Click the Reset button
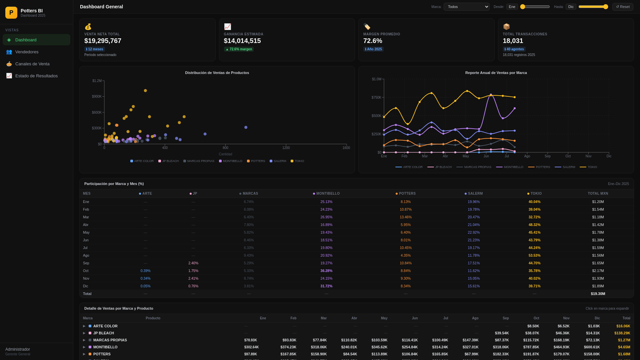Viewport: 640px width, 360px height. point(623,7)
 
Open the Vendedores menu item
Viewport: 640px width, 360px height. point(27,52)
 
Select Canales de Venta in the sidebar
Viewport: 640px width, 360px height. point(32,64)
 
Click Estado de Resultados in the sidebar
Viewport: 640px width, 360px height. point(36,76)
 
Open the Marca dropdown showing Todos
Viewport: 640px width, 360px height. point(466,7)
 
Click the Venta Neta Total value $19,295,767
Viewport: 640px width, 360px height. point(103,41)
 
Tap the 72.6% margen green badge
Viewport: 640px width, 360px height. point(239,49)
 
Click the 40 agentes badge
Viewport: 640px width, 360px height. point(514,49)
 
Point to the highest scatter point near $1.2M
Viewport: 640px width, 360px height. point(145,91)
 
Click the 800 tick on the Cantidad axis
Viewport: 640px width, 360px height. point(226,148)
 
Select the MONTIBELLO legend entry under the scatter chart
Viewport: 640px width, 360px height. point(231,161)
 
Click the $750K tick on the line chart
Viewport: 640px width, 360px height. point(376,97)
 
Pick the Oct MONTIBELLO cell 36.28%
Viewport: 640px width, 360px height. point(326,271)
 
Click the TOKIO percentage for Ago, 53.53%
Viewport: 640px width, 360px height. point(534,255)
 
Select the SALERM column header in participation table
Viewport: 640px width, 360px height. point(474,193)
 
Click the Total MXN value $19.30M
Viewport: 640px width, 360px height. point(598,294)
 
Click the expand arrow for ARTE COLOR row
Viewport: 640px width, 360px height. point(84,326)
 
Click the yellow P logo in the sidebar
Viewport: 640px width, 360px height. point(11,13)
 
